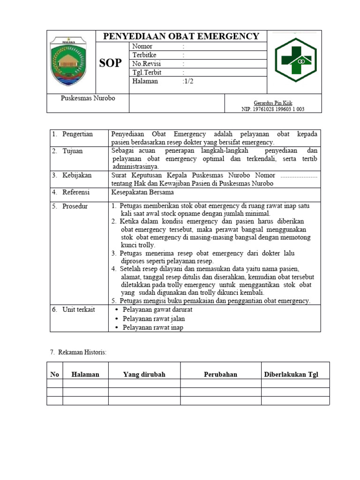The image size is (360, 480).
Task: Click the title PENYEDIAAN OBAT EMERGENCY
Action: pyautogui.click(x=181, y=36)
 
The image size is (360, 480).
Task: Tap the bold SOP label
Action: pyautogui.click(x=111, y=63)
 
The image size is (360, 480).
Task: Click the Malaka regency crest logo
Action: pyautogui.click(x=68, y=61)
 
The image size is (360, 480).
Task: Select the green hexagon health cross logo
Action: pyautogui.click(x=296, y=60)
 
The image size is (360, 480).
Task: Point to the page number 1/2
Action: pyautogui.click(x=187, y=81)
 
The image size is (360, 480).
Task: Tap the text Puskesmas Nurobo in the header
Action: pyautogui.click(x=88, y=98)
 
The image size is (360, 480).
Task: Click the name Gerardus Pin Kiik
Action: pyautogui.click(x=273, y=103)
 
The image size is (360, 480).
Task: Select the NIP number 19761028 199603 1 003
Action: pyautogui.click(x=272, y=109)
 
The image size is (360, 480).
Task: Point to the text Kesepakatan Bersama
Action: pyautogui.click(x=142, y=192)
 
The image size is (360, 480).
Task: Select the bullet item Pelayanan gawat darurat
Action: pyautogui.click(x=157, y=310)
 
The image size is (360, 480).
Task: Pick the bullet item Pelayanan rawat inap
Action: pyautogui.click(x=153, y=328)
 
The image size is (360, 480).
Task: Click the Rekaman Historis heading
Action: pyautogui.click(x=78, y=352)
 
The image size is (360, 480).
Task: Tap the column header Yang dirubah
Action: pyautogui.click(x=144, y=375)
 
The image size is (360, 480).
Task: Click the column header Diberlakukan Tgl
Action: pyautogui.click(x=291, y=375)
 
